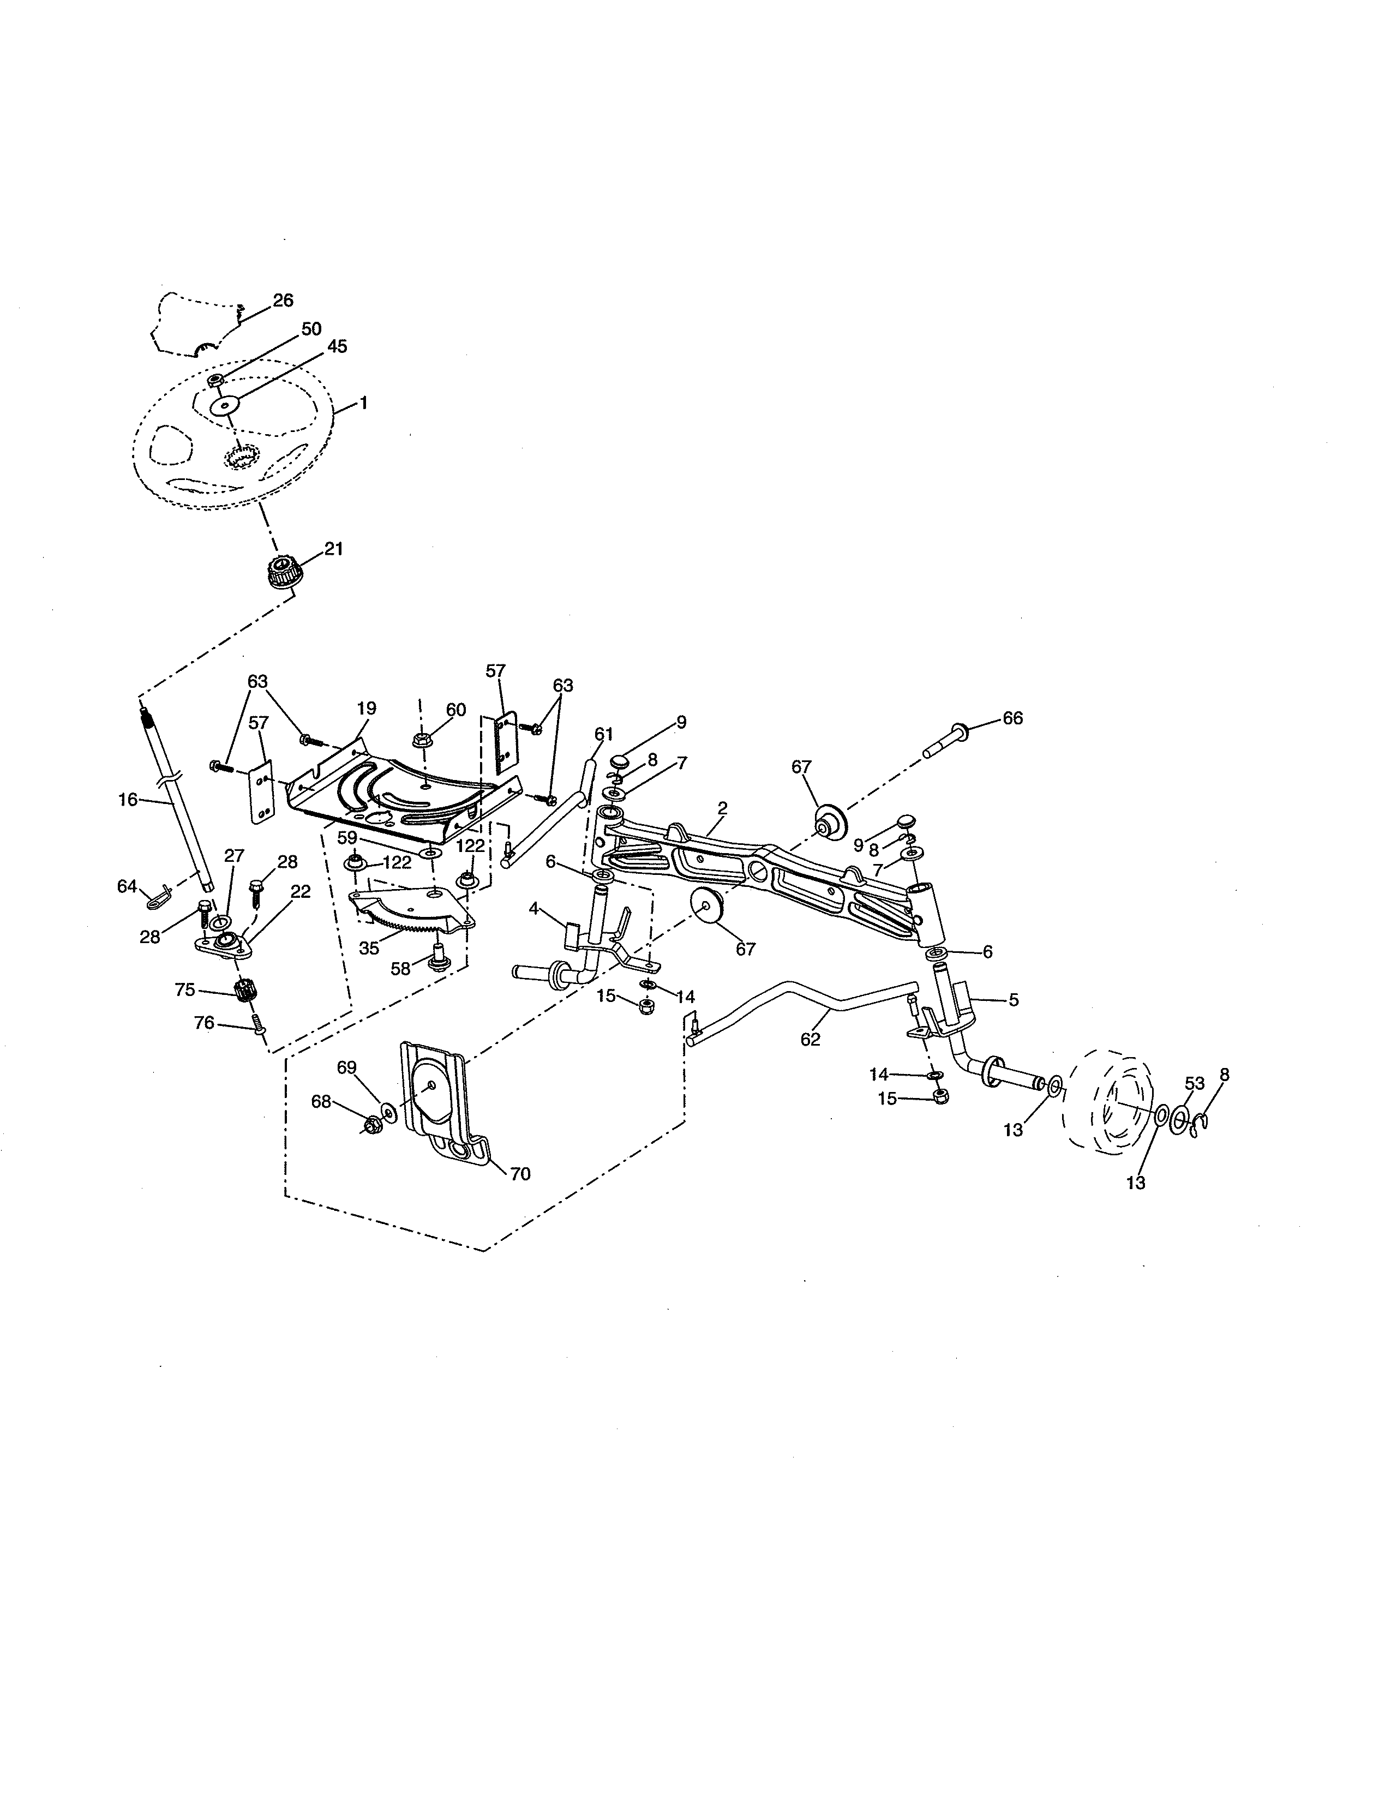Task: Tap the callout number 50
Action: (311, 329)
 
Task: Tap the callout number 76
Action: (203, 1023)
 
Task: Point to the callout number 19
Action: (366, 708)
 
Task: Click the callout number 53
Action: (1195, 1082)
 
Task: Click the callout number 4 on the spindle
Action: (534, 908)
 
